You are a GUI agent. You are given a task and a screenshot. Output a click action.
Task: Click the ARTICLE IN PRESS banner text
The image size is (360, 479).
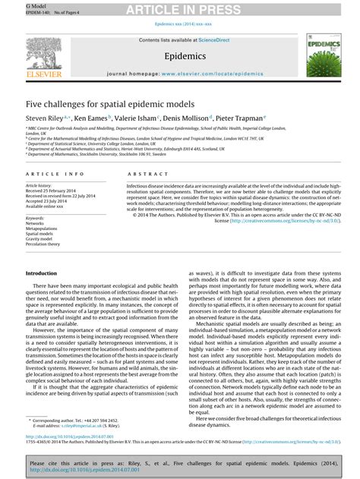(x=180, y=9)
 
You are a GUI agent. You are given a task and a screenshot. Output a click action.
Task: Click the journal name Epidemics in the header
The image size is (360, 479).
(x=179, y=56)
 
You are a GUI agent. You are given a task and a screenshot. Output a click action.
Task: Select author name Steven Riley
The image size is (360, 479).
(x=47, y=118)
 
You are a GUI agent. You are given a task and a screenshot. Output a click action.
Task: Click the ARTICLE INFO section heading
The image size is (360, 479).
(x=55, y=174)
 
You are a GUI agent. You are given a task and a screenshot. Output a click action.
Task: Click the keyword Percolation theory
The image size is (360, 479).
(x=44, y=244)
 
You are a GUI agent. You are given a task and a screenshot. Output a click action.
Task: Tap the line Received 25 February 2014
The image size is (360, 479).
(x=53, y=190)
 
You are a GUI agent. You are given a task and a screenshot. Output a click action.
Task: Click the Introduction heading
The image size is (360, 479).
(x=42, y=273)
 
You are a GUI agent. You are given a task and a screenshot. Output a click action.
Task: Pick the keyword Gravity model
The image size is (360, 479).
(x=41, y=239)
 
